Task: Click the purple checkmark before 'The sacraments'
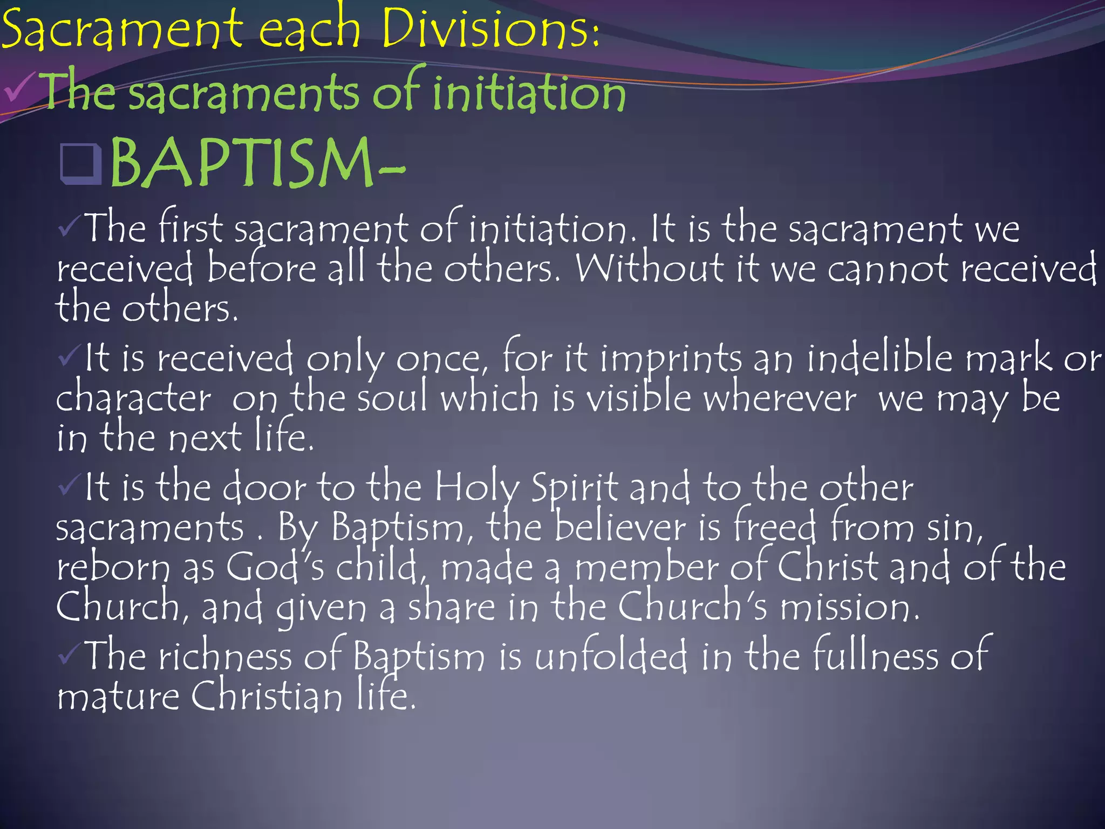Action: click(21, 89)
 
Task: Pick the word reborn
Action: click(113, 568)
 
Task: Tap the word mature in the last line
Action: click(118, 697)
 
